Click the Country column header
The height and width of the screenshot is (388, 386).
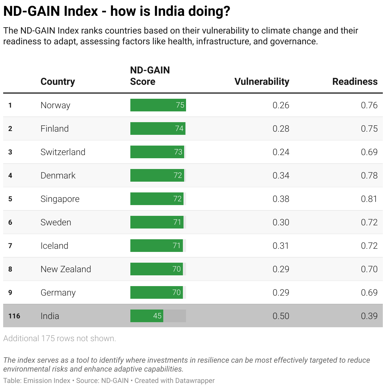coord(58,82)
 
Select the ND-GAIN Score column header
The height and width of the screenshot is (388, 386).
coord(150,76)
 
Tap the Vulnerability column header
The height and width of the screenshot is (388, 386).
coord(262,82)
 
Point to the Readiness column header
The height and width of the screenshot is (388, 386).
coord(355,82)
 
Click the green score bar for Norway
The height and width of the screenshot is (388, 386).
coord(158,105)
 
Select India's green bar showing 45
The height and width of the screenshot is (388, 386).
coord(146,316)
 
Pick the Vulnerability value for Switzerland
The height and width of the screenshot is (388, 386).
coord(281,152)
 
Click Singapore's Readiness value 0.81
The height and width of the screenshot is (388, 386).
coord(369,199)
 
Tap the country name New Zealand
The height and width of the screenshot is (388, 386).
coord(65,269)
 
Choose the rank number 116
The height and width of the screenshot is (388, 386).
coord(14,316)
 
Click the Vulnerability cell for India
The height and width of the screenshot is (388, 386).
coord(281,316)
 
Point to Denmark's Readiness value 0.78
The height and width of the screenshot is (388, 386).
coord(369,175)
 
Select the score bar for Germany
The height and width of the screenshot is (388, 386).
coord(156,292)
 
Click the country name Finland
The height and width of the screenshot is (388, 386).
coord(54,128)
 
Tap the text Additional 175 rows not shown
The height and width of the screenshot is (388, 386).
coord(59,338)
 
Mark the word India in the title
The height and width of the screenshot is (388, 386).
coord(169,11)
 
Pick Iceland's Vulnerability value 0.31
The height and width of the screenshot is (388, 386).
coord(281,246)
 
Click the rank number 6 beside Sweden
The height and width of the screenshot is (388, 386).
coord(10,222)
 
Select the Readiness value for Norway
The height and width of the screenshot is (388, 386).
coord(369,105)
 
